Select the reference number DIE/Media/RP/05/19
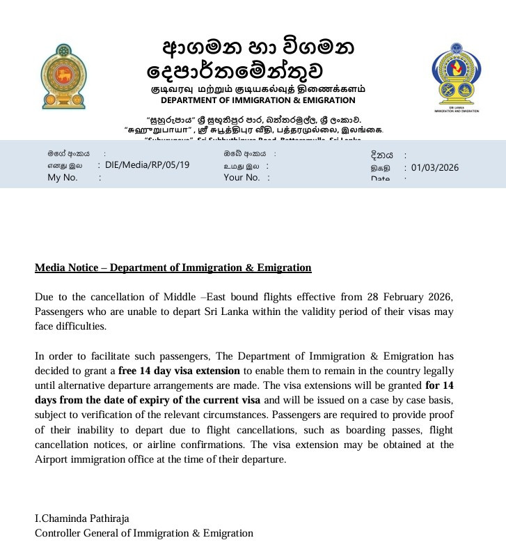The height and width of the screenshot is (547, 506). (147, 165)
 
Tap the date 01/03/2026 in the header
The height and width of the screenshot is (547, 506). (435, 167)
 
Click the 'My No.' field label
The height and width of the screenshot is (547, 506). (63, 178)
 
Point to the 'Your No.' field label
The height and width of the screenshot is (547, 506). (242, 178)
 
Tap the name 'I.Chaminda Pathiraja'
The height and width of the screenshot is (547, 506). (82, 518)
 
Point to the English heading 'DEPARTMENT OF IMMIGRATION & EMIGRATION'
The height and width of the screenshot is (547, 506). (258, 100)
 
